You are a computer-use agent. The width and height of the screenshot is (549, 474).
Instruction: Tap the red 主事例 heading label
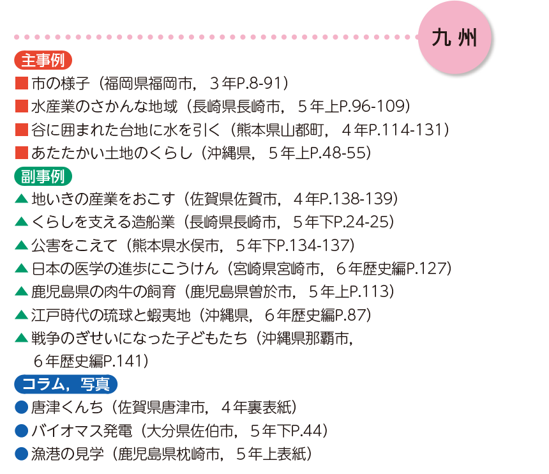[42, 61]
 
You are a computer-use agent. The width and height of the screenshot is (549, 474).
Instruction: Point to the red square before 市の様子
[20, 84]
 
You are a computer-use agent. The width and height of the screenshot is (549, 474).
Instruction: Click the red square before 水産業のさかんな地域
[20, 107]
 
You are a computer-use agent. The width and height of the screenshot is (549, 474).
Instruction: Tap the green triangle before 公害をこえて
[20, 245]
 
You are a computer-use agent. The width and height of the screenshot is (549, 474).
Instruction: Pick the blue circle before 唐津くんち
[20, 407]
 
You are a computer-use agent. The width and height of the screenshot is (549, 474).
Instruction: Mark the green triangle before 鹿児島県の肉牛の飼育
[20, 292]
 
